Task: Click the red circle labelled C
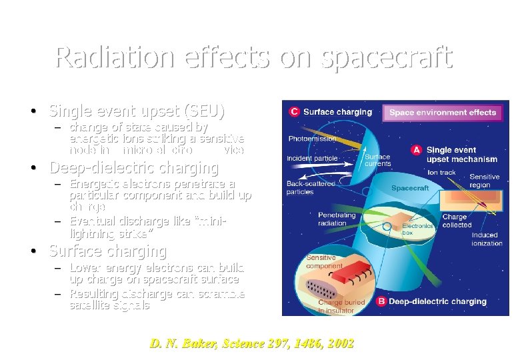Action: tap(294, 112)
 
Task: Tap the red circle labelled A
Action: tap(416, 150)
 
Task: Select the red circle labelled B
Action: tap(381, 301)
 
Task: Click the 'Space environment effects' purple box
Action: tap(443, 112)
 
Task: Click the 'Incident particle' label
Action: tap(312, 159)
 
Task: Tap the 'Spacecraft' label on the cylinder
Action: tap(410, 188)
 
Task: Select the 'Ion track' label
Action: tap(441, 173)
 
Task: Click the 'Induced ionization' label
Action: tap(487, 239)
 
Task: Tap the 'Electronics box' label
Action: tap(417, 229)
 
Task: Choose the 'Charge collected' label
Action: tap(456, 221)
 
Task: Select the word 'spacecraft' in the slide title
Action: tap(387, 58)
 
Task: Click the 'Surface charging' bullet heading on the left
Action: tap(107, 251)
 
